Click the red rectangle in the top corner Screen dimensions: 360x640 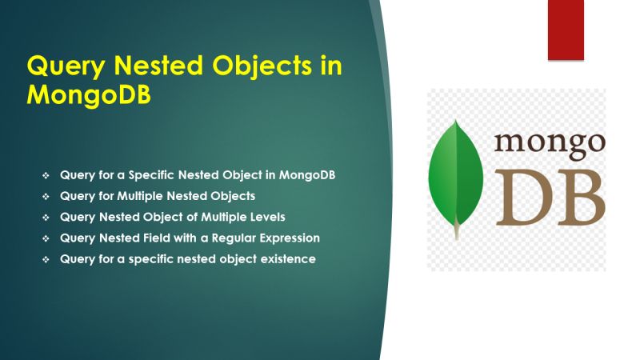pos(566,30)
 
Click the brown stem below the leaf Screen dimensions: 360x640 pos(457,232)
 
